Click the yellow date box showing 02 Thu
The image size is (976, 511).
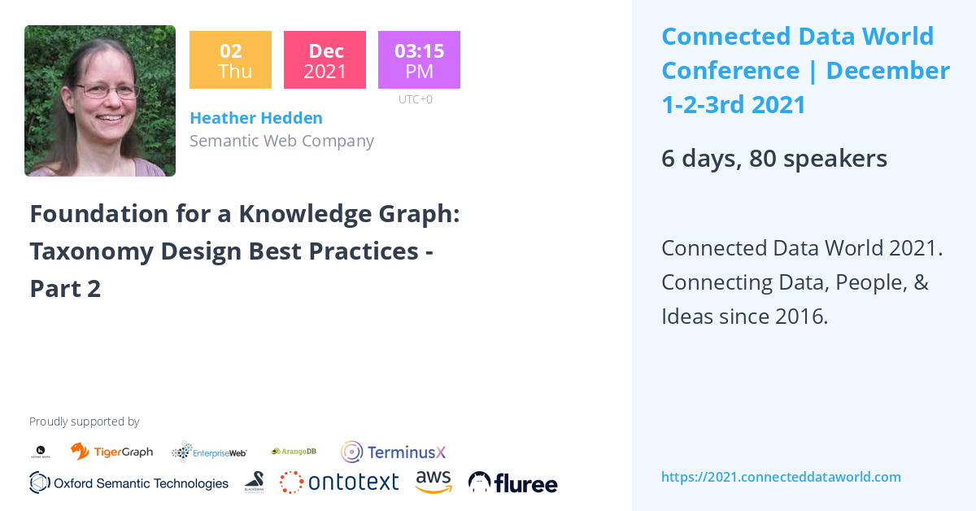[x=230, y=59]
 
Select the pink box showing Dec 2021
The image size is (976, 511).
[x=325, y=59]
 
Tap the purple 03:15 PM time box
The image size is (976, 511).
[x=419, y=59]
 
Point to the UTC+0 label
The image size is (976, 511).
[x=415, y=99]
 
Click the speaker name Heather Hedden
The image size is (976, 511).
[x=255, y=118]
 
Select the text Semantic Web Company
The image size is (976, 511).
[x=281, y=141]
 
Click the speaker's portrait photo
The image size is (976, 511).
[x=100, y=101]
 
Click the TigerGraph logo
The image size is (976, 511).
[x=111, y=452]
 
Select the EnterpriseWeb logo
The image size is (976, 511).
[x=209, y=452]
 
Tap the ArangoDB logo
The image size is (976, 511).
[x=294, y=451]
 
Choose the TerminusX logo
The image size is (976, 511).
[x=394, y=452]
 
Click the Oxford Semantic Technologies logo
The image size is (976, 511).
[x=129, y=483]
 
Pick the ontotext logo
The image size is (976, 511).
[x=339, y=482]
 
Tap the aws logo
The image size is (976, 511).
[x=434, y=482]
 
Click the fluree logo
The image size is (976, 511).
[x=512, y=483]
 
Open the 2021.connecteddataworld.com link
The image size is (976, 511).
[x=781, y=477]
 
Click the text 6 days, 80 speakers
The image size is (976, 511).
[x=773, y=159]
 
